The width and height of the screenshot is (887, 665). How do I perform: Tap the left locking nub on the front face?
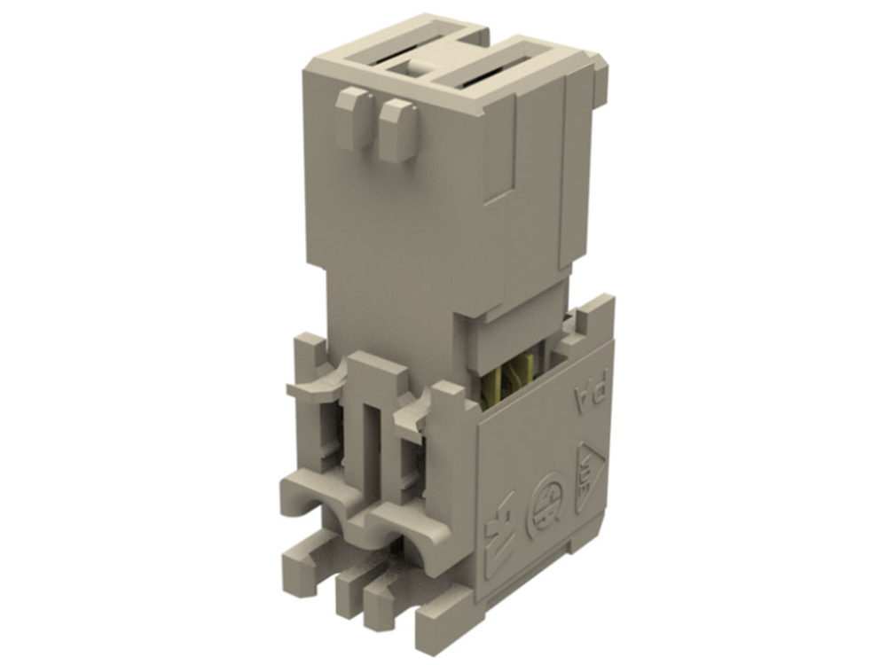353,119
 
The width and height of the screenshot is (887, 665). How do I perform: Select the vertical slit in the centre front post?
371,443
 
